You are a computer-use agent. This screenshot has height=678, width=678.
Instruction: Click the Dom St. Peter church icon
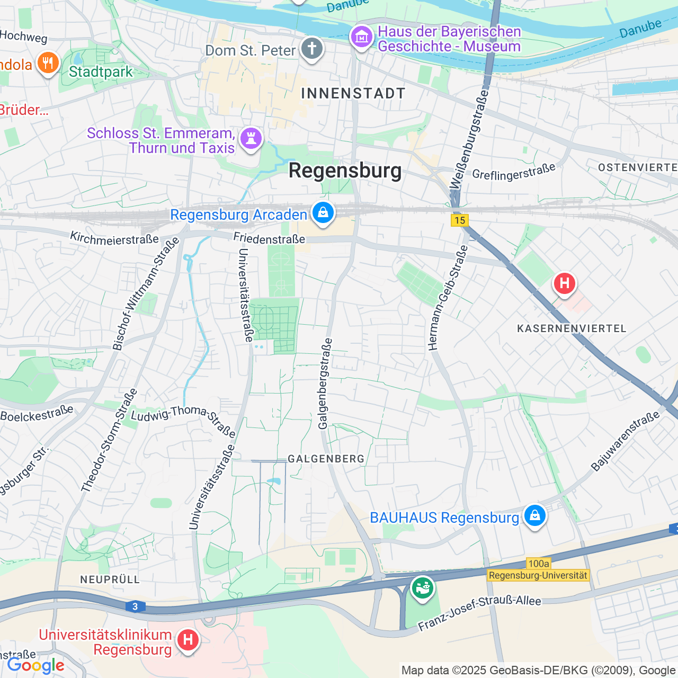(x=312, y=49)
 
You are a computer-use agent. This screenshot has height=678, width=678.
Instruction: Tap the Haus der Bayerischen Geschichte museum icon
(x=362, y=37)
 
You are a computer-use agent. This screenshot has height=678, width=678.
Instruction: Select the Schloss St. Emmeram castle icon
(x=251, y=139)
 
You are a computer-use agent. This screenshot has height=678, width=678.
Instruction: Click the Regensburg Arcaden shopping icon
(x=323, y=213)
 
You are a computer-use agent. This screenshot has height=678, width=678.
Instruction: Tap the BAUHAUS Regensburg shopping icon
(x=534, y=515)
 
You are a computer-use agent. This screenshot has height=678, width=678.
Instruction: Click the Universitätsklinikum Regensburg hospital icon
(x=188, y=640)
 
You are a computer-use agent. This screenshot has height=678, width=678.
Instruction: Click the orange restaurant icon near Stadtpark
(x=48, y=63)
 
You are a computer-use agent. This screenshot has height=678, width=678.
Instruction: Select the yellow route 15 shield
(x=460, y=220)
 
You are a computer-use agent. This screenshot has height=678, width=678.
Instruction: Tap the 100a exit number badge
(x=538, y=564)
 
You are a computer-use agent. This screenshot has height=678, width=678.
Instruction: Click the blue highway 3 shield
(x=136, y=606)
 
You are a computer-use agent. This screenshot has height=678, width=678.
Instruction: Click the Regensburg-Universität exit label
(x=538, y=575)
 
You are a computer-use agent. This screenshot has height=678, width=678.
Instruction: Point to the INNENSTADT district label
(x=353, y=94)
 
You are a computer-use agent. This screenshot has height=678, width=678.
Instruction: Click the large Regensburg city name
(x=345, y=171)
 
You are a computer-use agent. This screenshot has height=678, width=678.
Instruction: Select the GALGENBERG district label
(x=326, y=459)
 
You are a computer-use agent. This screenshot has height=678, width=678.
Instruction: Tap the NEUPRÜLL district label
(x=110, y=579)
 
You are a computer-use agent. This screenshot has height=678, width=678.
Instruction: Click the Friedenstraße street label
(x=269, y=238)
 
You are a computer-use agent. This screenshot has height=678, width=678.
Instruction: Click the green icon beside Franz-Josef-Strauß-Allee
(x=422, y=588)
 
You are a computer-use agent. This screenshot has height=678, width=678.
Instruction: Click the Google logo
(x=36, y=665)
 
